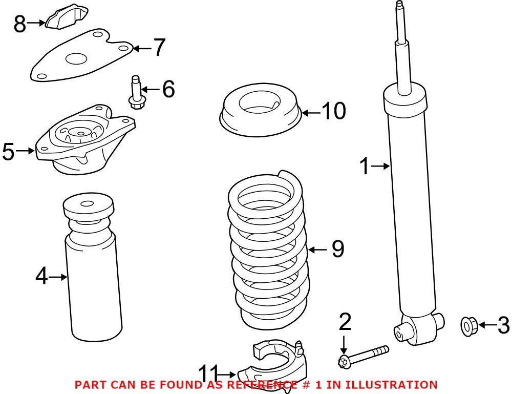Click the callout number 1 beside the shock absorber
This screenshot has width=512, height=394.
coord(364,166)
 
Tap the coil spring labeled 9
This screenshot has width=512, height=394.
coord(267,251)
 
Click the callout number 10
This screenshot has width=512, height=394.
coord(334,111)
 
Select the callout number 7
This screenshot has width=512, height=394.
coord(160,48)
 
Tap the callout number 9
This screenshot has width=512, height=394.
coord(337,250)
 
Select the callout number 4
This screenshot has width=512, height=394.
coord(41,277)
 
